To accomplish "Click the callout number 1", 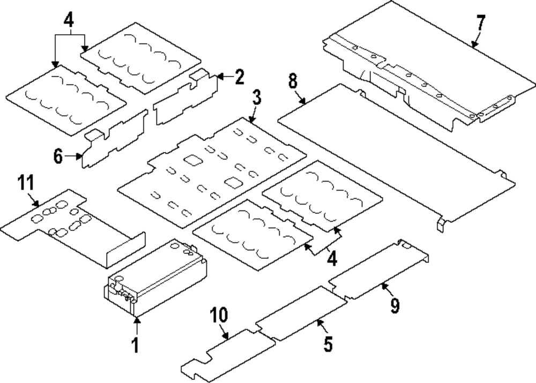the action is click(136, 345).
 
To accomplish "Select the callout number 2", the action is click(239, 77).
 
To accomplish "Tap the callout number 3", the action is click(257, 97).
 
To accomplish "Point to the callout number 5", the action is click(328, 344).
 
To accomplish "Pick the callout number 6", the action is click(58, 156).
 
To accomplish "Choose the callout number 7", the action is click(481, 23).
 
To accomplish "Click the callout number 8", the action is click(293, 81).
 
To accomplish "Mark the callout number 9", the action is click(395, 305).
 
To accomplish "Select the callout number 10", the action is click(219, 315).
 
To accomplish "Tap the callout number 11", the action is click(26, 183).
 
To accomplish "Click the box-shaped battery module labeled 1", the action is click(155, 277).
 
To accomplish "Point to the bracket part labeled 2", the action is click(185, 97).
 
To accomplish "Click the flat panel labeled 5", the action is click(301, 314).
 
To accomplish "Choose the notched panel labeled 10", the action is click(228, 356).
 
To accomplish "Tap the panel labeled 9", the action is click(379, 269).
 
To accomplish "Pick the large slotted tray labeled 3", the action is click(212, 172).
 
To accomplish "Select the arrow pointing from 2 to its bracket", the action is click(225, 77).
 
